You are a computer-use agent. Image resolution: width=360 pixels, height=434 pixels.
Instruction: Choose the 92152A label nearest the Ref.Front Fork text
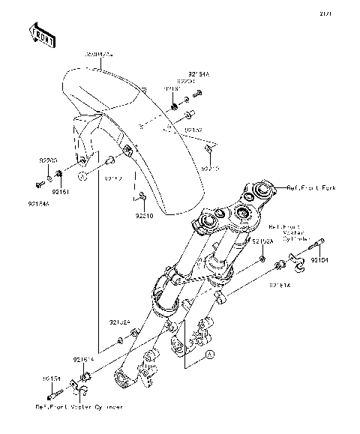(x=262, y=242)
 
